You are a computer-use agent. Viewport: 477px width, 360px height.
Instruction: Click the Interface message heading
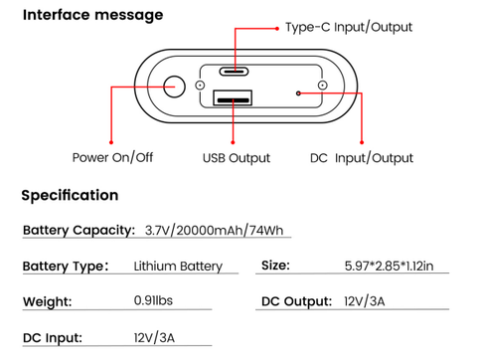click(92, 16)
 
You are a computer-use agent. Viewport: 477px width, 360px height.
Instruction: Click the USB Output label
click(236, 158)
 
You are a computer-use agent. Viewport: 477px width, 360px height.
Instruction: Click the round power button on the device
click(175, 88)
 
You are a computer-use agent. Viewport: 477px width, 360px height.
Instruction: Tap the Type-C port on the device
click(236, 72)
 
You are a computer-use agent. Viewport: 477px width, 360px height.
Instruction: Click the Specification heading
click(70, 196)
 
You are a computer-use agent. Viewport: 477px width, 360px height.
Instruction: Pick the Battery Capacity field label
click(79, 231)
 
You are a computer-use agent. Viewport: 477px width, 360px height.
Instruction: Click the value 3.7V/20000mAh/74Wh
click(214, 232)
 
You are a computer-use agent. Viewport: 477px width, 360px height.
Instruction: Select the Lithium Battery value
click(178, 268)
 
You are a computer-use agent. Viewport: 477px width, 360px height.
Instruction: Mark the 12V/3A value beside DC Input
click(152, 338)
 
